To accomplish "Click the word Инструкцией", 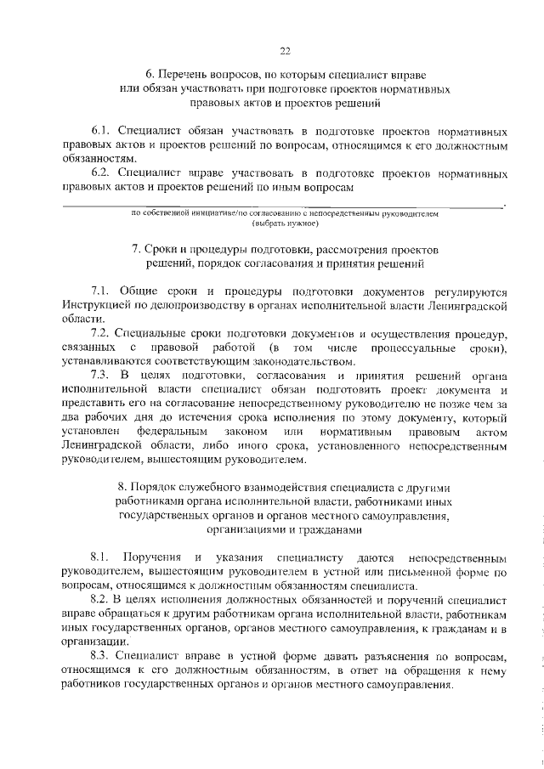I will pos(97,304).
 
